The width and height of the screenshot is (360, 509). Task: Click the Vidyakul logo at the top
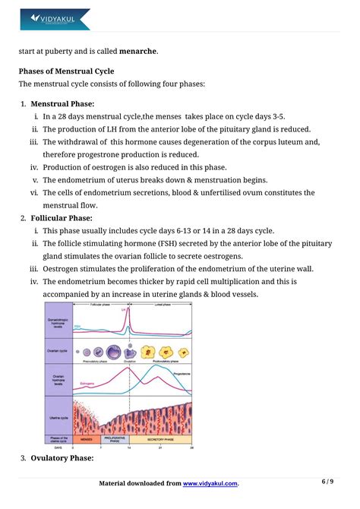(x=54, y=18)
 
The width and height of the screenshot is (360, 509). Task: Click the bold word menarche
(x=137, y=52)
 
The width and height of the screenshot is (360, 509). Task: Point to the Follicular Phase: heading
(x=64, y=217)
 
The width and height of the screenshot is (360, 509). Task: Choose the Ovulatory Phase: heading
(x=62, y=458)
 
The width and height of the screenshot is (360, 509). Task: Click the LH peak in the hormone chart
(x=128, y=308)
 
